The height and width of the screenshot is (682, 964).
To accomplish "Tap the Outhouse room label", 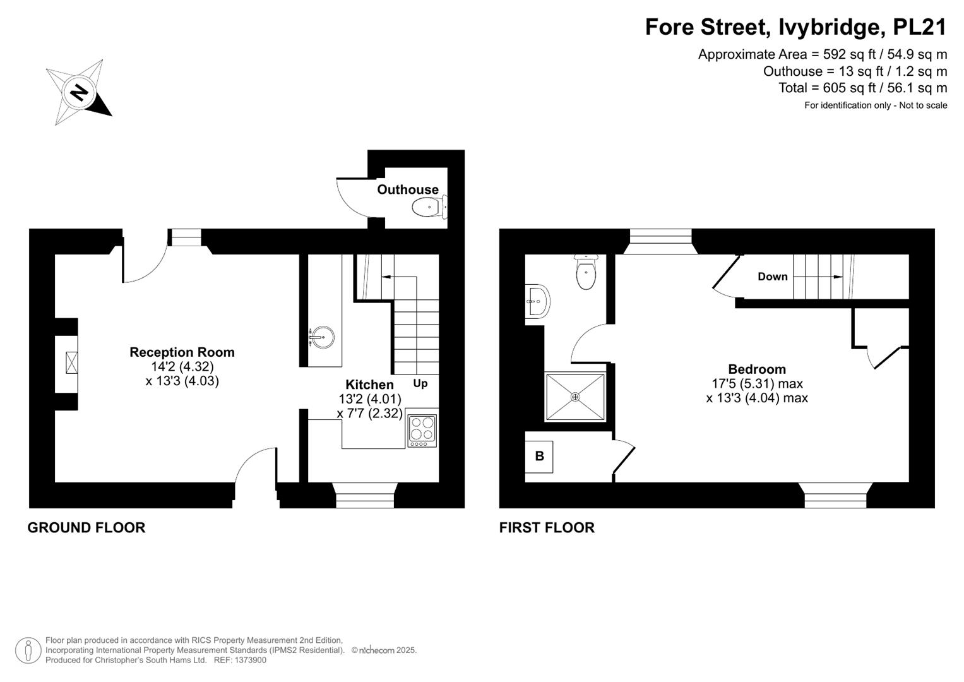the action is tap(408, 189).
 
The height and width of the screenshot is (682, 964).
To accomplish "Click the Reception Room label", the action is tap(182, 352).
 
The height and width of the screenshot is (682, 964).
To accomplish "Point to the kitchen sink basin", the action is tap(321, 337).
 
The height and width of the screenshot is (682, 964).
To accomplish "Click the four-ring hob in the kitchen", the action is tap(422, 431).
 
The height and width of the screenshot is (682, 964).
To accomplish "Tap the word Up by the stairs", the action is tap(420, 383).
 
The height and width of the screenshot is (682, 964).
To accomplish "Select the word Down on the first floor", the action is tap(773, 277).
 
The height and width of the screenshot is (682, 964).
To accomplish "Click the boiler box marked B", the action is tap(539, 457).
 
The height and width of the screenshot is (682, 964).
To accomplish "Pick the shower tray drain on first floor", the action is tap(575, 397).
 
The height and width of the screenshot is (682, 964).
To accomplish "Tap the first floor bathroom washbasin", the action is tap(537, 301).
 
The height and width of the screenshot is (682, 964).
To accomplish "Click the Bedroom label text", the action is tap(757, 369).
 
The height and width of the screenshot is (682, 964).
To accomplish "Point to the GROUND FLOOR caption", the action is tap(86, 527).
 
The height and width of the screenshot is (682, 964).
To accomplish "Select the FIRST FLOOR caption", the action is tap(547, 527).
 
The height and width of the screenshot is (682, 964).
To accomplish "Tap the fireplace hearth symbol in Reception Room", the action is tap(71, 362).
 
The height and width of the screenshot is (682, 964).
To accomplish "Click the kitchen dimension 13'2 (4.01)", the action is tap(370, 399).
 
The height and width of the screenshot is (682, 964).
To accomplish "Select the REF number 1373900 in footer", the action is tap(250, 660).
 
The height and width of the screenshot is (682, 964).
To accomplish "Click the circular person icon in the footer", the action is tap(28, 650).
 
